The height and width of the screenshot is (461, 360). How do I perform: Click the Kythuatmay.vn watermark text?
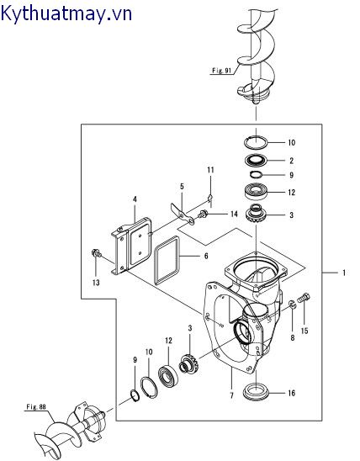[66, 13]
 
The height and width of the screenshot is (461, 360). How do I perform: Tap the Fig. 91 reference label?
[221, 71]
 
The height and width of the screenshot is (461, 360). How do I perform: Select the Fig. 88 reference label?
[36, 407]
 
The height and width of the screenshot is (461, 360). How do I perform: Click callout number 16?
[291, 393]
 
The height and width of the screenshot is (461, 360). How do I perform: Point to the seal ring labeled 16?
[255, 392]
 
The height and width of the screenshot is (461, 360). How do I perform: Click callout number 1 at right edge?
[344, 273]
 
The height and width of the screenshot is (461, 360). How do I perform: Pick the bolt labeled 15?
[304, 298]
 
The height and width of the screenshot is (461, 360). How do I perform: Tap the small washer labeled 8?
[293, 305]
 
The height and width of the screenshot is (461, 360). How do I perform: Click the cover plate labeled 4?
[132, 246]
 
